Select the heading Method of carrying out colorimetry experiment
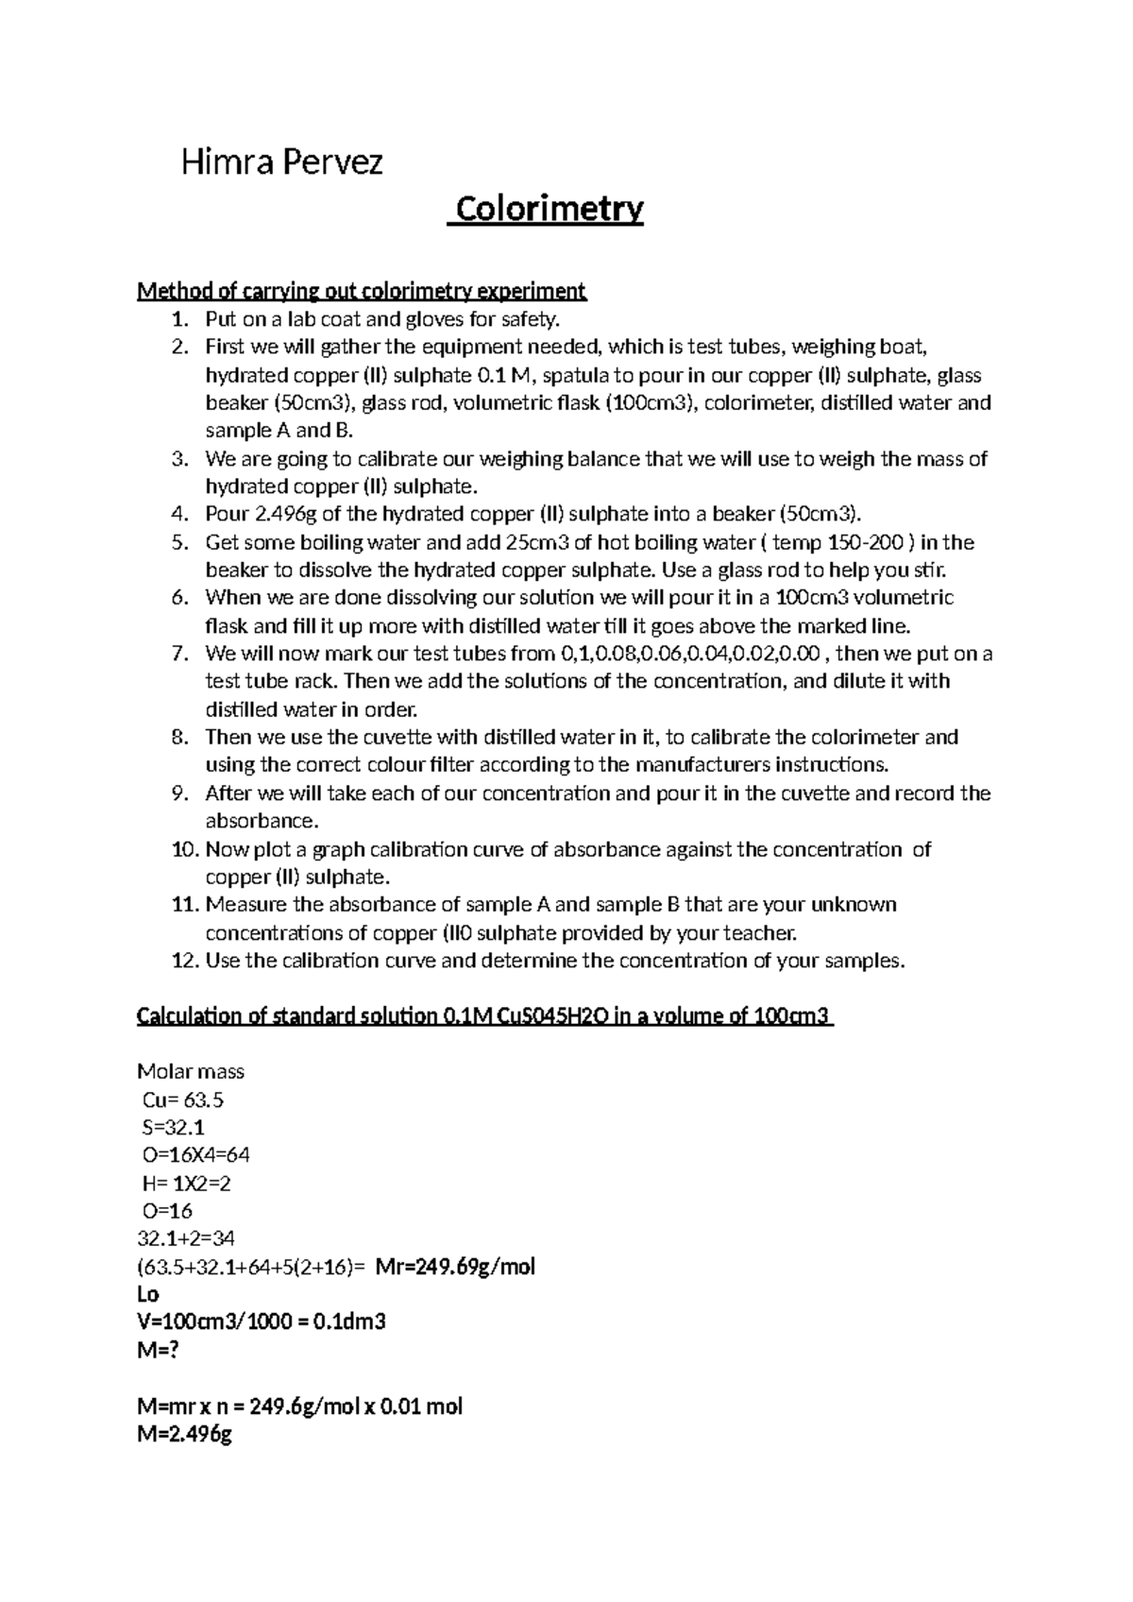362,290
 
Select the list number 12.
184,962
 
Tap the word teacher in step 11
760,933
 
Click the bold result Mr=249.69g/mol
455,1267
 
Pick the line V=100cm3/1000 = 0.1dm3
262,1321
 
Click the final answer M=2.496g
184,1434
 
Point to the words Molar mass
191,1071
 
